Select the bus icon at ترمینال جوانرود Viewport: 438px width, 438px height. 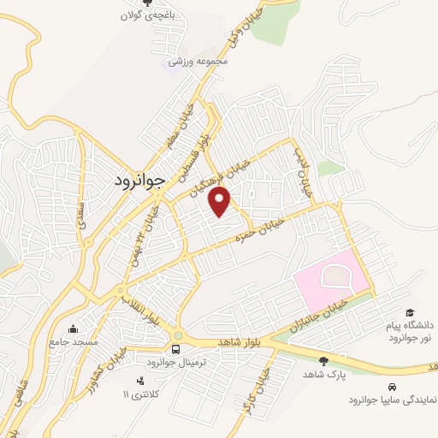[175, 349]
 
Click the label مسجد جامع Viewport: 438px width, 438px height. [68, 341]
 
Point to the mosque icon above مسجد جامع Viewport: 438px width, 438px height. [73, 328]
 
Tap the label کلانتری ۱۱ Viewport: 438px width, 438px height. [136, 394]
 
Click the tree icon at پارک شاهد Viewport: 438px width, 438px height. [323, 361]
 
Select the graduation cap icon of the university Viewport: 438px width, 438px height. [410, 313]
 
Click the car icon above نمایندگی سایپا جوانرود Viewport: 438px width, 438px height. [393, 386]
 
